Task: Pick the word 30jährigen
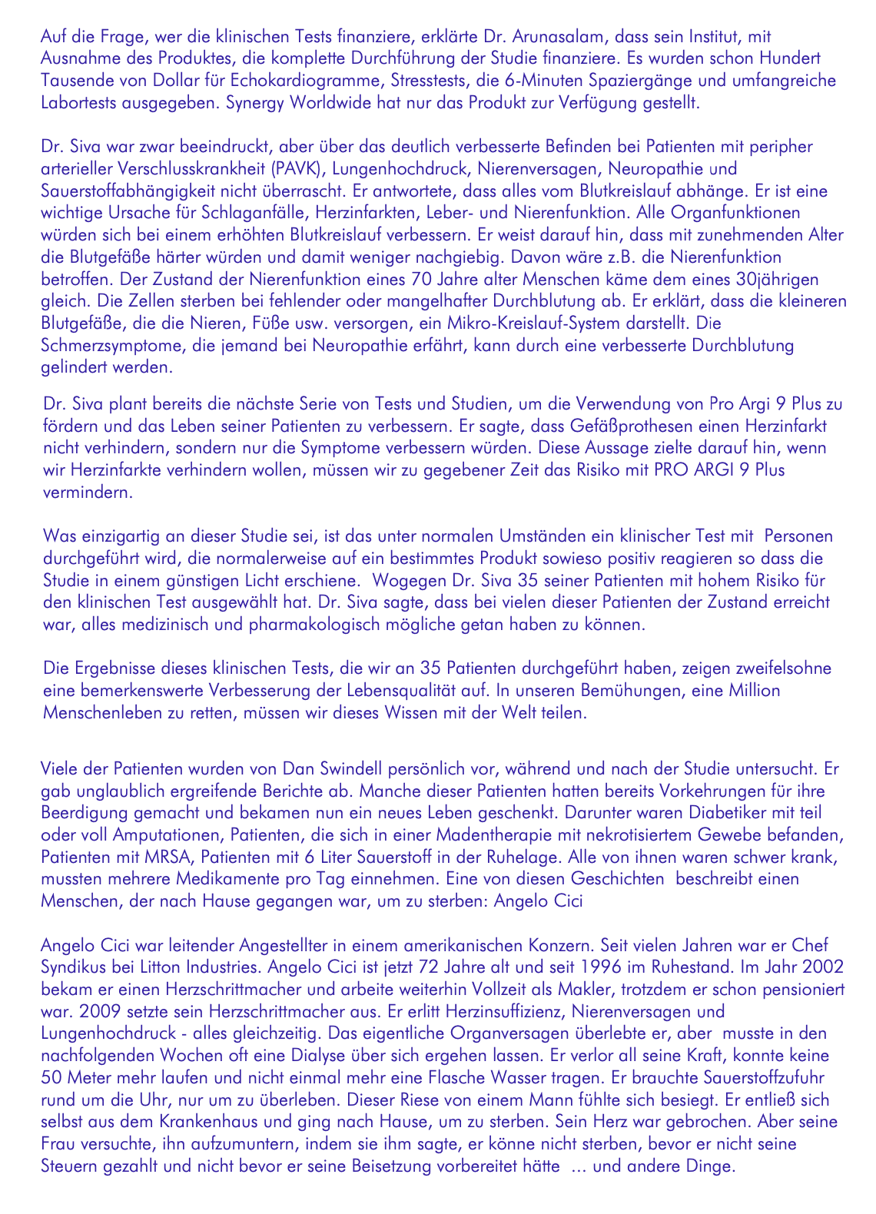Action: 778,279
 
